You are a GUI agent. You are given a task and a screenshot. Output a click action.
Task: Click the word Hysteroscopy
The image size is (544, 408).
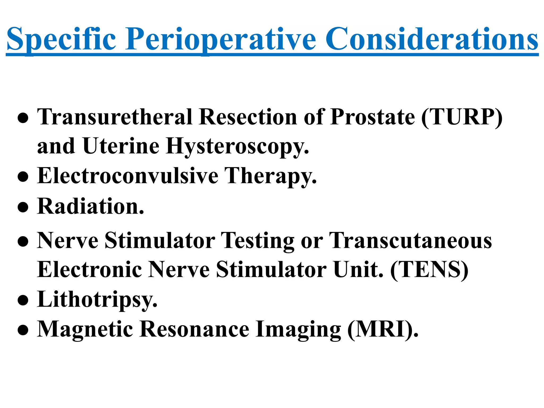pos(237,146)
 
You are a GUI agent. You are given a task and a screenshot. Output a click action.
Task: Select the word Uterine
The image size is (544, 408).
pos(121,146)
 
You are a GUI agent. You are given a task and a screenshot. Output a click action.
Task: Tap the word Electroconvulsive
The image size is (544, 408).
pos(128,176)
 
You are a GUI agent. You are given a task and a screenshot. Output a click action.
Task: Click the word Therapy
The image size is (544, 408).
pos(271,176)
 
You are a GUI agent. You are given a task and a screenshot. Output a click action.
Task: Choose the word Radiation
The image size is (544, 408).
pos(91,206)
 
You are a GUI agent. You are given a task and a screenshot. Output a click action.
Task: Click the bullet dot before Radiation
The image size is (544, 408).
pos(23,207)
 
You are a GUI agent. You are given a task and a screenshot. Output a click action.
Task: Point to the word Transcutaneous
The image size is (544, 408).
pos(410,241)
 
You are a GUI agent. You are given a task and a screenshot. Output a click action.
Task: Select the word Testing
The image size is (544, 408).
pos(258,241)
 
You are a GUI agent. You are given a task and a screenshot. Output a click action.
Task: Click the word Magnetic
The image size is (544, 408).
pos(85,329)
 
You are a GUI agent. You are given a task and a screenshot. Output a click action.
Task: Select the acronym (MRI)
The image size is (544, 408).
pos(382,329)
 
